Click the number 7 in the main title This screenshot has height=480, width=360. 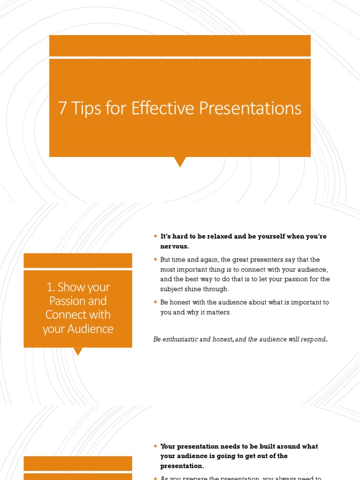[x=62, y=109]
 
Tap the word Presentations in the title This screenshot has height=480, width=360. [x=250, y=109]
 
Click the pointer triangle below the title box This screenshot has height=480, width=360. [x=180, y=162]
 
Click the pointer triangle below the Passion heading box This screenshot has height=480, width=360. [x=78, y=352]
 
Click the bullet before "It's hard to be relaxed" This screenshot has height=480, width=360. [x=155, y=236]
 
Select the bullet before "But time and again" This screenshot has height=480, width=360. [x=155, y=259]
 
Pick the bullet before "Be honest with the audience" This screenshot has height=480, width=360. [x=155, y=302]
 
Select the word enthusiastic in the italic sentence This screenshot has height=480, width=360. [x=181, y=339]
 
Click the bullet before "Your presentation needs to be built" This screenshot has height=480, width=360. [x=155, y=446]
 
